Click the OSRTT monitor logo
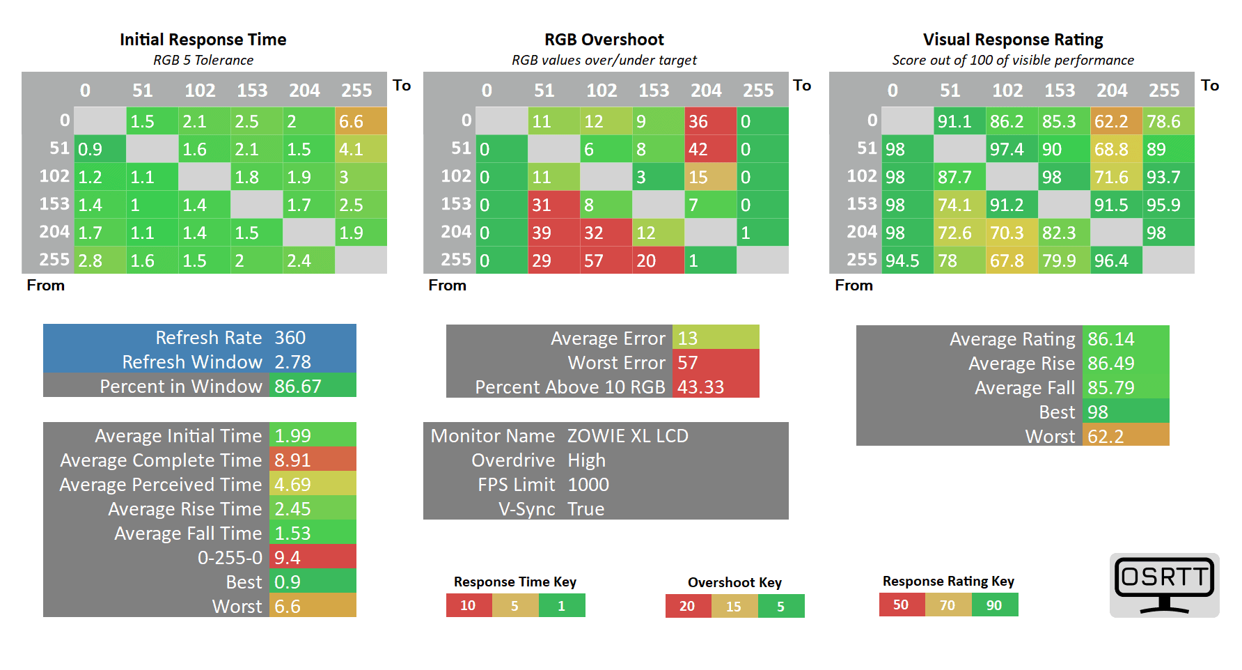1164,584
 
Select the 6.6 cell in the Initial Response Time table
361,121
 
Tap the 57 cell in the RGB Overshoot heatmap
606,260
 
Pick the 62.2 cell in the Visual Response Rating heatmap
1116,121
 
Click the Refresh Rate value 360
313,337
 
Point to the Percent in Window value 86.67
313,386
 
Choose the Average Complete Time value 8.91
313,460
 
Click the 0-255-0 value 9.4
313,557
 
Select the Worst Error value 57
715,362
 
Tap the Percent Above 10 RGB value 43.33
715,387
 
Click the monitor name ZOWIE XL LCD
627,436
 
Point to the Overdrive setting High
586,460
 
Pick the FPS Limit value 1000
588,485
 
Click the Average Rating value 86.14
1125,339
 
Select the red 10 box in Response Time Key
469,605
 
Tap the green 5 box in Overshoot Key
781,606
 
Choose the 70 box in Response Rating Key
948,605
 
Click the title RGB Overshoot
604,40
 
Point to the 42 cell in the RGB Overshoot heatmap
710,149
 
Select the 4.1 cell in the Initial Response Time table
361,149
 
